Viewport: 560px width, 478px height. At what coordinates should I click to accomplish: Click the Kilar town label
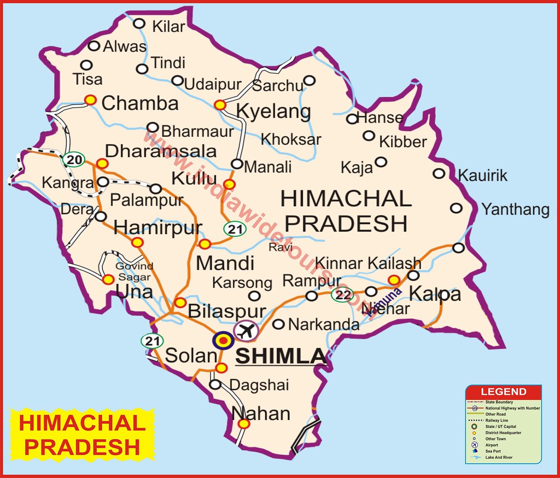click(168, 25)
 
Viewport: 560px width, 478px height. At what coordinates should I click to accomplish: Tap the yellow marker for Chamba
click(91, 100)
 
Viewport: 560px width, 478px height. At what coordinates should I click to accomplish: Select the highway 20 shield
click(73, 159)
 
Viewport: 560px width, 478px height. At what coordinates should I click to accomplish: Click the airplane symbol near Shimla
click(246, 330)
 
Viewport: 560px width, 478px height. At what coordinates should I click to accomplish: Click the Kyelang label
click(273, 111)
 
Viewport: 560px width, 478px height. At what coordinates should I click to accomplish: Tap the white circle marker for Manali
click(237, 164)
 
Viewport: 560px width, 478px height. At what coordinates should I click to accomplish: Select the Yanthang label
click(515, 209)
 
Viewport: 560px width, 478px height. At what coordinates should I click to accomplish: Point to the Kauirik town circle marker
click(439, 173)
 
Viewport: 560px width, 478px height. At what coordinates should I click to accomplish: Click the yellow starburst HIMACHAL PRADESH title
click(82, 435)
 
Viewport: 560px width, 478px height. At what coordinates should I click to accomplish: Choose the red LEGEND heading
click(503, 392)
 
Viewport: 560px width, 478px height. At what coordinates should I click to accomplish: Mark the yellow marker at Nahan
click(244, 423)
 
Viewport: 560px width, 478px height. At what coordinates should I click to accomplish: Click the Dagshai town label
click(259, 385)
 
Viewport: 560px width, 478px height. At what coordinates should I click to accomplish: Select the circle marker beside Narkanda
click(278, 324)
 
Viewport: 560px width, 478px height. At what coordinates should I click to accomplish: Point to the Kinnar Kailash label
click(369, 263)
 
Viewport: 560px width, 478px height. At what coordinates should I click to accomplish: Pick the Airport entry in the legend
click(492, 445)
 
